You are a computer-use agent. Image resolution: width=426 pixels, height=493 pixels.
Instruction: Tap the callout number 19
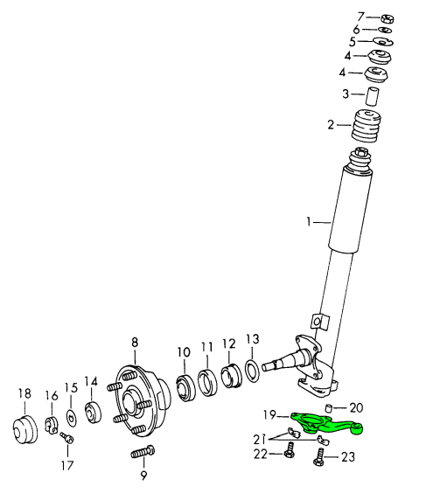click(269, 414)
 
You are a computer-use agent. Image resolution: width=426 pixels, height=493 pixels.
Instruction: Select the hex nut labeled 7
click(387, 18)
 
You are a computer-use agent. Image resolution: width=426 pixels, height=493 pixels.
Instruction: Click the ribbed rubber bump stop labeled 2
click(366, 126)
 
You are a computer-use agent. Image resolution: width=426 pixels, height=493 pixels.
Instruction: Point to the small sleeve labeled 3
click(372, 96)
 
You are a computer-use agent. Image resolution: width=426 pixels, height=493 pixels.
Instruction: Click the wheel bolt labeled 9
click(143, 452)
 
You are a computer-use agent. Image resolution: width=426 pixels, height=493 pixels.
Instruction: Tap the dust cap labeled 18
click(25, 429)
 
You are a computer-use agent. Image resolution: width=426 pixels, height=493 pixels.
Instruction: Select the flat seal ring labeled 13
click(252, 371)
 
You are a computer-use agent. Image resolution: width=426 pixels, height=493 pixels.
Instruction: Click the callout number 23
click(348, 457)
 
